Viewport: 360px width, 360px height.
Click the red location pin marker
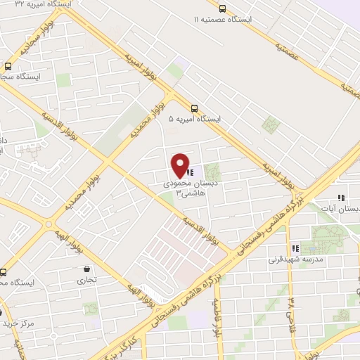pyautogui.click(x=181, y=165)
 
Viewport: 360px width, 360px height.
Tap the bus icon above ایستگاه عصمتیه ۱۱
pyautogui.click(x=222, y=8)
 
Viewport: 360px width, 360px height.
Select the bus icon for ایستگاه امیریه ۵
pyautogui.click(x=194, y=109)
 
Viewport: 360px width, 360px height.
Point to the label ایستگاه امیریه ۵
pyautogui.click(x=194, y=120)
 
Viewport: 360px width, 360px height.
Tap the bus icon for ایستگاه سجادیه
pyautogui.click(x=6, y=65)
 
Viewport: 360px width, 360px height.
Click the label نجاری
pyautogui.click(x=87, y=279)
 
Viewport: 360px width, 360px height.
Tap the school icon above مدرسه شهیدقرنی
pyautogui.click(x=296, y=248)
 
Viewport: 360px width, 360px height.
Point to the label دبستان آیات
pyautogui.click(x=342, y=209)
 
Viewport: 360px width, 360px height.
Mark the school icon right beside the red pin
pyautogui.click(x=191, y=171)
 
